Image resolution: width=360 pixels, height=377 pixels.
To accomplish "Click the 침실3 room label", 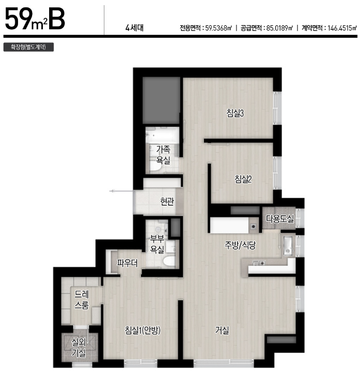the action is click(x=235, y=113).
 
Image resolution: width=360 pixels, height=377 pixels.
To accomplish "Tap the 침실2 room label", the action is click(x=243, y=179).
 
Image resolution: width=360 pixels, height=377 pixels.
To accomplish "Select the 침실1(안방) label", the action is click(x=143, y=330).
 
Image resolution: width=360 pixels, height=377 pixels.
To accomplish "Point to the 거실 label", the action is click(x=222, y=330).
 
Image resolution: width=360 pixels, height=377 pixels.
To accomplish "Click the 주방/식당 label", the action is click(x=240, y=245).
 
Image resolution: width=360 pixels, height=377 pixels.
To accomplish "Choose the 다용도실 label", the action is click(x=280, y=219).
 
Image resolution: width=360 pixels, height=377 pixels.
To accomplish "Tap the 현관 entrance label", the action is click(x=167, y=202).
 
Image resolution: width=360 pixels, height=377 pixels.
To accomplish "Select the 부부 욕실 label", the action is click(x=157, y=244).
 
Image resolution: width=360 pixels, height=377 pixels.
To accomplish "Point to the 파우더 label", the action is click(x=128, y=263).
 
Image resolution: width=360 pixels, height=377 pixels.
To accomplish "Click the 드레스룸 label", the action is click(x=82, y=299).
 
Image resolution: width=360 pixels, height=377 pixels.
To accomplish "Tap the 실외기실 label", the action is click(x=79, y=348).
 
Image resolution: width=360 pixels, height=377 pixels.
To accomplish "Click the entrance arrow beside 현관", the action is click(x=121, y=191).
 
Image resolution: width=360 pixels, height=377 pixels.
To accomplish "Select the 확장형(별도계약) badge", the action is click(x=28, y=47).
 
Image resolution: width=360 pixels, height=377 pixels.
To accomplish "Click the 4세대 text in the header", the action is click(x=134, y=28).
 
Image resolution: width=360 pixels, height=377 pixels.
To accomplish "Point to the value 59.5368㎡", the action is click(x=218, y=28).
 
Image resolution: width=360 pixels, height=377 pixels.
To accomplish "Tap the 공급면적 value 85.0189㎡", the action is click(x=279, y=28).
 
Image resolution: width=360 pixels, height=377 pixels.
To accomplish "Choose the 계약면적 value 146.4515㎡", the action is click(x=342, y=28).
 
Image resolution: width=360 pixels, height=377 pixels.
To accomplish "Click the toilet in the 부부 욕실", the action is click(x=169, y=261).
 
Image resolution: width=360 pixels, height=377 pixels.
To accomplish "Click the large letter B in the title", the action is click(x=57, y=19).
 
